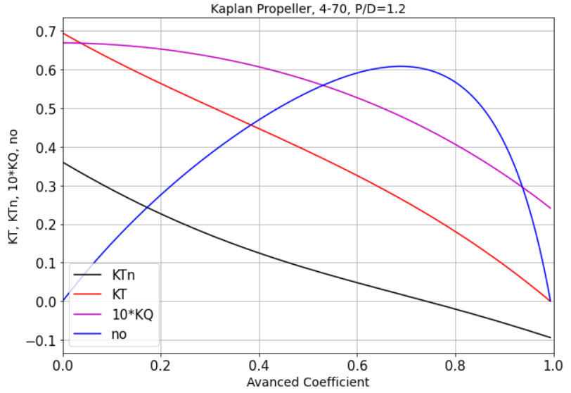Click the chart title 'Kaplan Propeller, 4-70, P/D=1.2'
point(308,9)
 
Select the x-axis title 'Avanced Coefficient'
point(308,382)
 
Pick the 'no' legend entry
point(119,334)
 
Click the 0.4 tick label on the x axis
point(259,366)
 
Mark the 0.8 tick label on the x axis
point(456,366)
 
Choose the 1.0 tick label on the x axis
point(553,366)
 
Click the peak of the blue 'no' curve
point(401,66)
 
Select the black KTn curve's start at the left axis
point(63,163)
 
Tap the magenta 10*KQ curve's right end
point(551,208)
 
